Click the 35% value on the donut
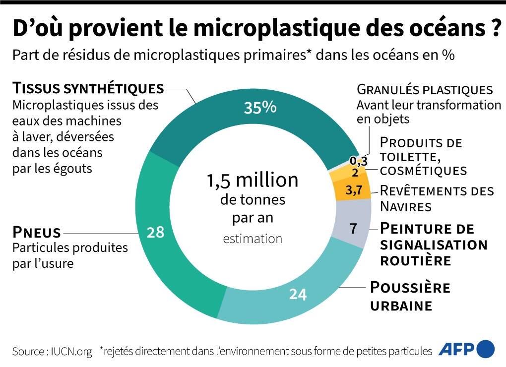pyautogui.click(x=260, y=108)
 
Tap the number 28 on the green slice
pyautogui.click(x=156, y=232)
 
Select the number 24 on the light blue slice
pyautogui.click(x=298, y=294)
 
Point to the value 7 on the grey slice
pyautogui.click(x=353, y=229)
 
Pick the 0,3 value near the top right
pyautogui.click(x=358, y=161)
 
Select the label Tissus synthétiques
pyautogui.click(x=88, y=89)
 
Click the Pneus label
pyautogui.click(x=36, y=232)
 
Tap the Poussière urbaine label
pyautogui.click(x=410, y=296)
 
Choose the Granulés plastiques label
pyautogui.click(x=425, y=90)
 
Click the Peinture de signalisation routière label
pyautogui.click(x=433, y=245)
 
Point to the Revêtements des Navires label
pyautogui.click(x=437, y=198)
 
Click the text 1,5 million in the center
pyautogui.click(x=253, y=181)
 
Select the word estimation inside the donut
pyautogui.click(x=253, y=239)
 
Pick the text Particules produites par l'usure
pyautogui.click(x=69, y=255)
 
